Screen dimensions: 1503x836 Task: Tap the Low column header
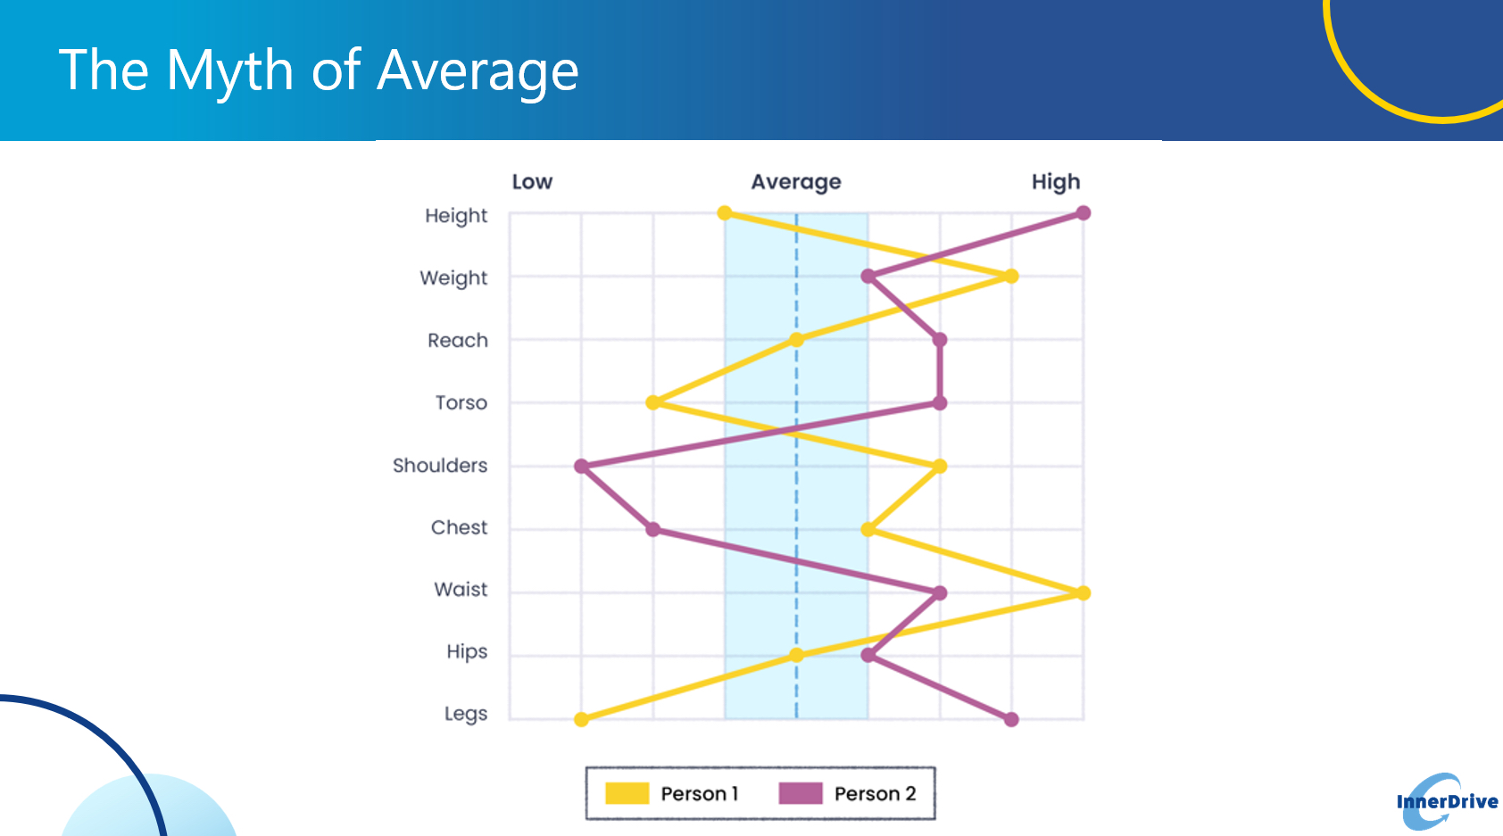[x=532, y=182]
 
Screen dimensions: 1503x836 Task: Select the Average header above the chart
[x=796, y=182]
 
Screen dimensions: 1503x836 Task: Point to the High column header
[x=1056, y=182]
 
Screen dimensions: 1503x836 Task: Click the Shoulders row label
[x=440, y=466]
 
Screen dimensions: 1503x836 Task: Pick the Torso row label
[x=461, y=402]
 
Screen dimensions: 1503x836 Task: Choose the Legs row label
[x=466, y=714]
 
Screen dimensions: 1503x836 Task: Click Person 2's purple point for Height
[x=1083, y=213]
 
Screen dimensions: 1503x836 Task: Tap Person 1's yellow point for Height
[x=725, y=213]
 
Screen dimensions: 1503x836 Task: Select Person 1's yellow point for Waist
[x=1083, y=593]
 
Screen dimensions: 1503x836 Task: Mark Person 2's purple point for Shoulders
[x=582, y=467]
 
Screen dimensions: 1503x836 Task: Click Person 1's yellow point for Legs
[x=582, y=720]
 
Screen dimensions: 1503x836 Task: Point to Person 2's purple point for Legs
[x=1011, y=720]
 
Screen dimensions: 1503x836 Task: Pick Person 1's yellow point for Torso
[x=652, y=403]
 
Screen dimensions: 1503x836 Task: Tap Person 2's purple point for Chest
[x=652, y=530]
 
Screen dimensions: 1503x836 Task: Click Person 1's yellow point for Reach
[x=796, y=340]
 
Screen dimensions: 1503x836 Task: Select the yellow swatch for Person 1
[x=627, y=793]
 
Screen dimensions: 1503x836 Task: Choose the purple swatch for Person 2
[x=801, y=793]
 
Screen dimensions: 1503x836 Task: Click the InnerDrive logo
[x=1447, y=801]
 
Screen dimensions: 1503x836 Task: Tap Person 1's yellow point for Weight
[x=1011, y=277]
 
